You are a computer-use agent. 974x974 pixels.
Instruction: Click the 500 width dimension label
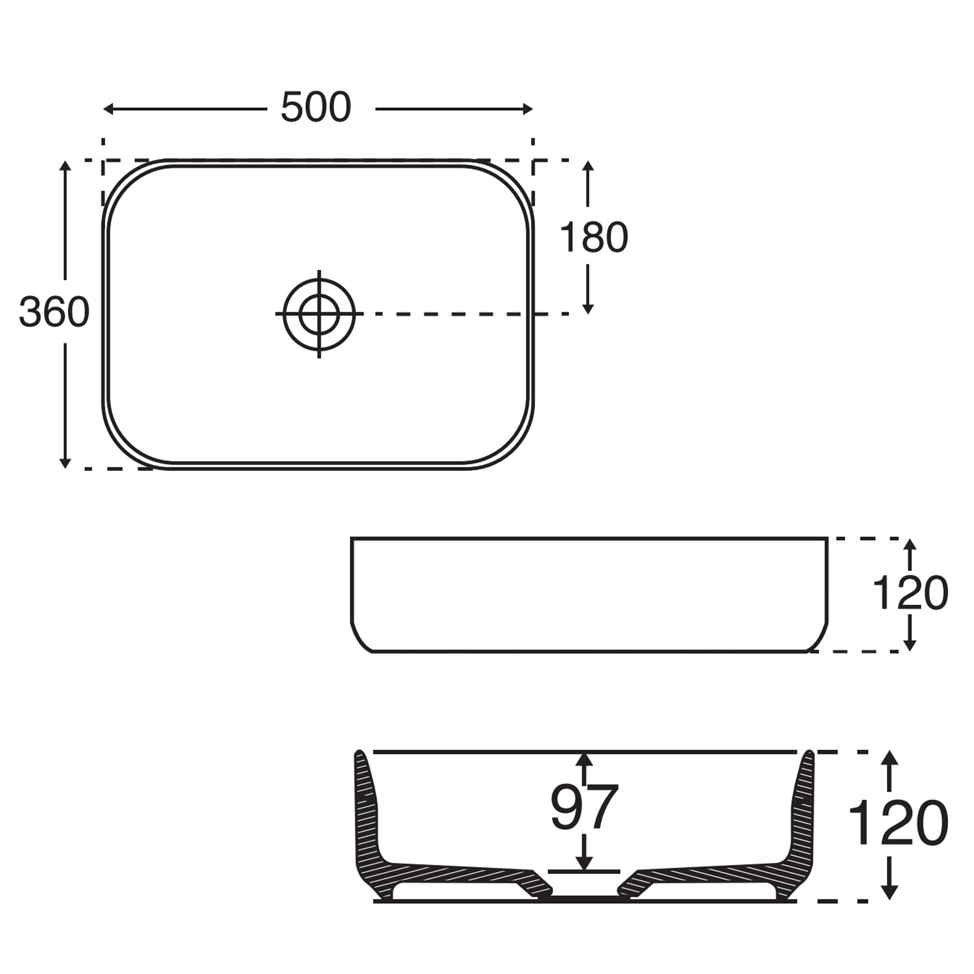(316, 108)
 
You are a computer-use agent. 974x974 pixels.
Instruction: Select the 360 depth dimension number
(54, 312)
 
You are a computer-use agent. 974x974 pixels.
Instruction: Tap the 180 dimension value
(593, 238)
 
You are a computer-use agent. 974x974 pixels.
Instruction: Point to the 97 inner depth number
(584, 808)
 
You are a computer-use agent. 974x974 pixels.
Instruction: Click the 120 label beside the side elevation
(909, 593)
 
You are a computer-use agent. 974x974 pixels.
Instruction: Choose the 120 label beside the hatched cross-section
(898, 823)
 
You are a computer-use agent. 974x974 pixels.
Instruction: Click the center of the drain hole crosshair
(319, 314)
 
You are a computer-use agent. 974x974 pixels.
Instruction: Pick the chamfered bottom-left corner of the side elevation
(359, 639)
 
